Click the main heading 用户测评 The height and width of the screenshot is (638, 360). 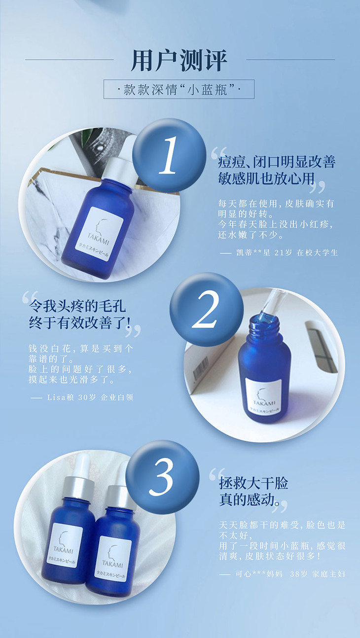(179, 60)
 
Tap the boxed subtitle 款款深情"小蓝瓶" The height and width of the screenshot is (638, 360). (179, 89)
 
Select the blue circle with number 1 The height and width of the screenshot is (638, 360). (169, 155)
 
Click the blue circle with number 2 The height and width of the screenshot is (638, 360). (207, 309)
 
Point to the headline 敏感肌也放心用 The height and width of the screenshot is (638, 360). (266, 178)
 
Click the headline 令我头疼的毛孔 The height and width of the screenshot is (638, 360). (77, 306)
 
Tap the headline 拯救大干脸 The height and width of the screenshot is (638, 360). (253, 483)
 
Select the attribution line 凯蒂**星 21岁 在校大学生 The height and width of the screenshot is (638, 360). (279, 252)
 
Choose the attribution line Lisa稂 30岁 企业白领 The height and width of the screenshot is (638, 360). (82, 397)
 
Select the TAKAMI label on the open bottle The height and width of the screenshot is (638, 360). (264, 396)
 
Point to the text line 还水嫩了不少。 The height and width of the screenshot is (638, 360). (251, 235)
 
